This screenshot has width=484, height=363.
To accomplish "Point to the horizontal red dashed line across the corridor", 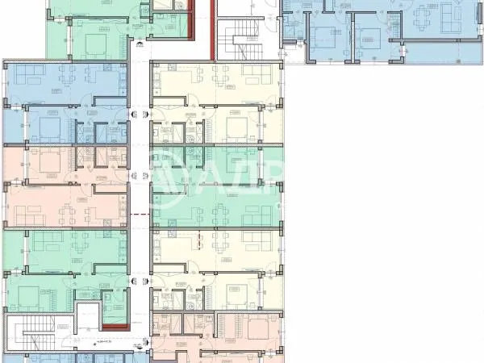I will [139, 214].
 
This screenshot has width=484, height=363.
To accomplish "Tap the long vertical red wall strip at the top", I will [213, 29].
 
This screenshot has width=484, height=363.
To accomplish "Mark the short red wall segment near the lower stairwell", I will [116, 325].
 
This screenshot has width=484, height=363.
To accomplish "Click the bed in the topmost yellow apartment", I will [236, 127].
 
